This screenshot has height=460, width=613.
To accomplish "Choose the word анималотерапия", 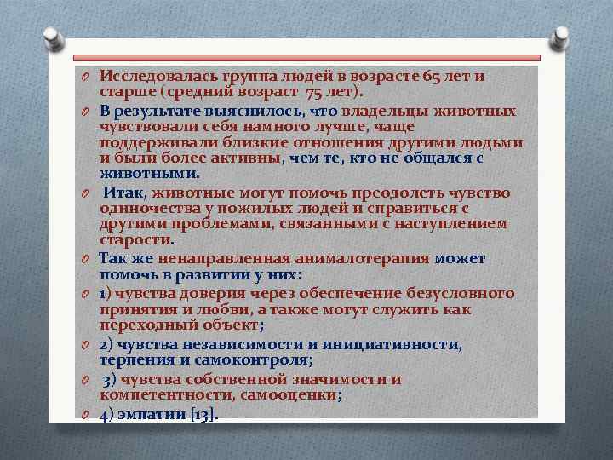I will pos(358,258).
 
